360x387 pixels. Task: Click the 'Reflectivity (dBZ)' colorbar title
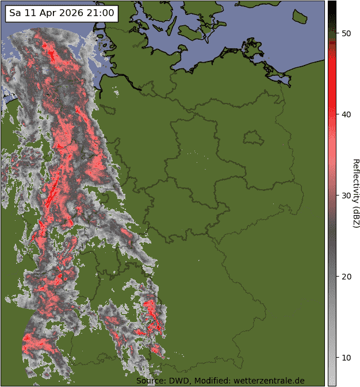[x=355, y=193]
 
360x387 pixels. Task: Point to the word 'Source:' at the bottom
[x=151, y=381]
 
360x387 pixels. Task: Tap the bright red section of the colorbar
[x=332, y=69]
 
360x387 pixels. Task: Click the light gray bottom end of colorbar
[x=332, y=377]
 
